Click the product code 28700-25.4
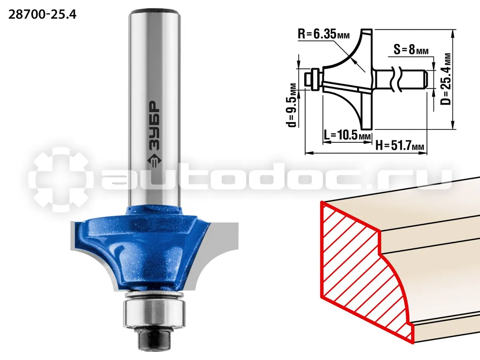(42, 14)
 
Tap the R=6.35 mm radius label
(323, 33)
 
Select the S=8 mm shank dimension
(411, 49)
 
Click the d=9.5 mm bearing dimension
(293, 105)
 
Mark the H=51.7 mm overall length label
(400, 145)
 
